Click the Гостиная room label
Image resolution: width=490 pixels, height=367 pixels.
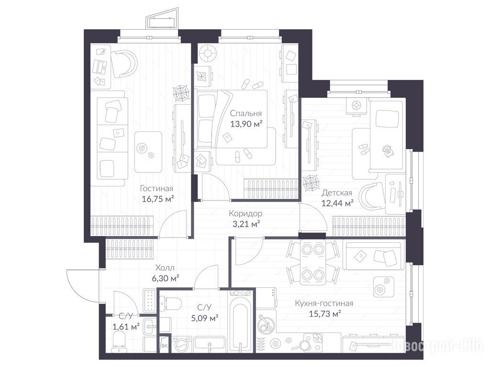pyautogui.click(x=156, y=189)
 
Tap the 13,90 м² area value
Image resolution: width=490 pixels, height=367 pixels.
pyautogui.click(x=246, y=124)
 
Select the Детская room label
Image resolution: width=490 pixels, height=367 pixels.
pyautogui.click(x=337, y=193)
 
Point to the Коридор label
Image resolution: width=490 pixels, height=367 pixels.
pyautogui.click(x=245, y=214)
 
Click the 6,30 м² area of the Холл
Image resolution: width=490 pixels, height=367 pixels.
pyautogui.click(x=165, y=278)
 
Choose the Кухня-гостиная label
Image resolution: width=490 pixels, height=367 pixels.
pyautogui.click(x=324, y=303)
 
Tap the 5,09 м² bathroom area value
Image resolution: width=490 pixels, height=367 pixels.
pyautogui.click(x=205, y=318)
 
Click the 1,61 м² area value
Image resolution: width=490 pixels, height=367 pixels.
pyautogui.click(x=126, y=327)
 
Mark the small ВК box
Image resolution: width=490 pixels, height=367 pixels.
pyautogui.click(x=165, y=345)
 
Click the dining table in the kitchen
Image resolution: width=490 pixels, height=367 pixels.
pyautogui.click(x=313, y=262)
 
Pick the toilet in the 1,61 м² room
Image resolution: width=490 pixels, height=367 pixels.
pyautogui.click(x=119, y=340)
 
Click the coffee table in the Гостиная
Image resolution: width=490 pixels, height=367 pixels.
pyautogui.click(x=148, y=151)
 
